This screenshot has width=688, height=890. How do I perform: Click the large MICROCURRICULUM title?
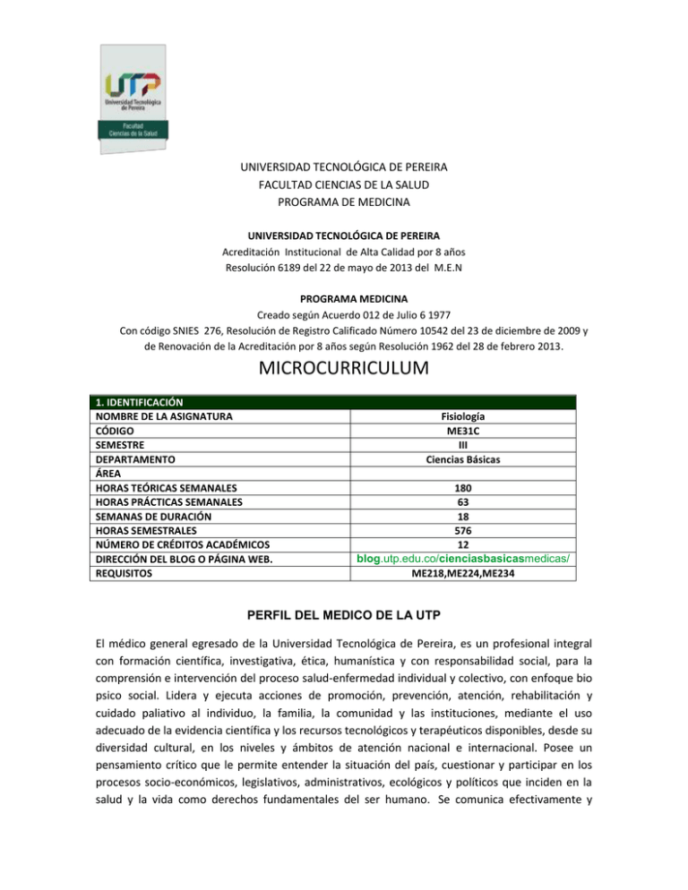click(343, 368)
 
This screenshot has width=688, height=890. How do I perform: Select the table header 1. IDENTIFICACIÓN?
click(140, 404)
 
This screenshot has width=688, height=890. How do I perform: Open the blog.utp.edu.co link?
click(464, 559)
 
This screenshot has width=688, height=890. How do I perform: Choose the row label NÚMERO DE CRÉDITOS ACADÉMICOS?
click(185, 544)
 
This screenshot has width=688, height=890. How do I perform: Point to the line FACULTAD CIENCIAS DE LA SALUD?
click(344, 184)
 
